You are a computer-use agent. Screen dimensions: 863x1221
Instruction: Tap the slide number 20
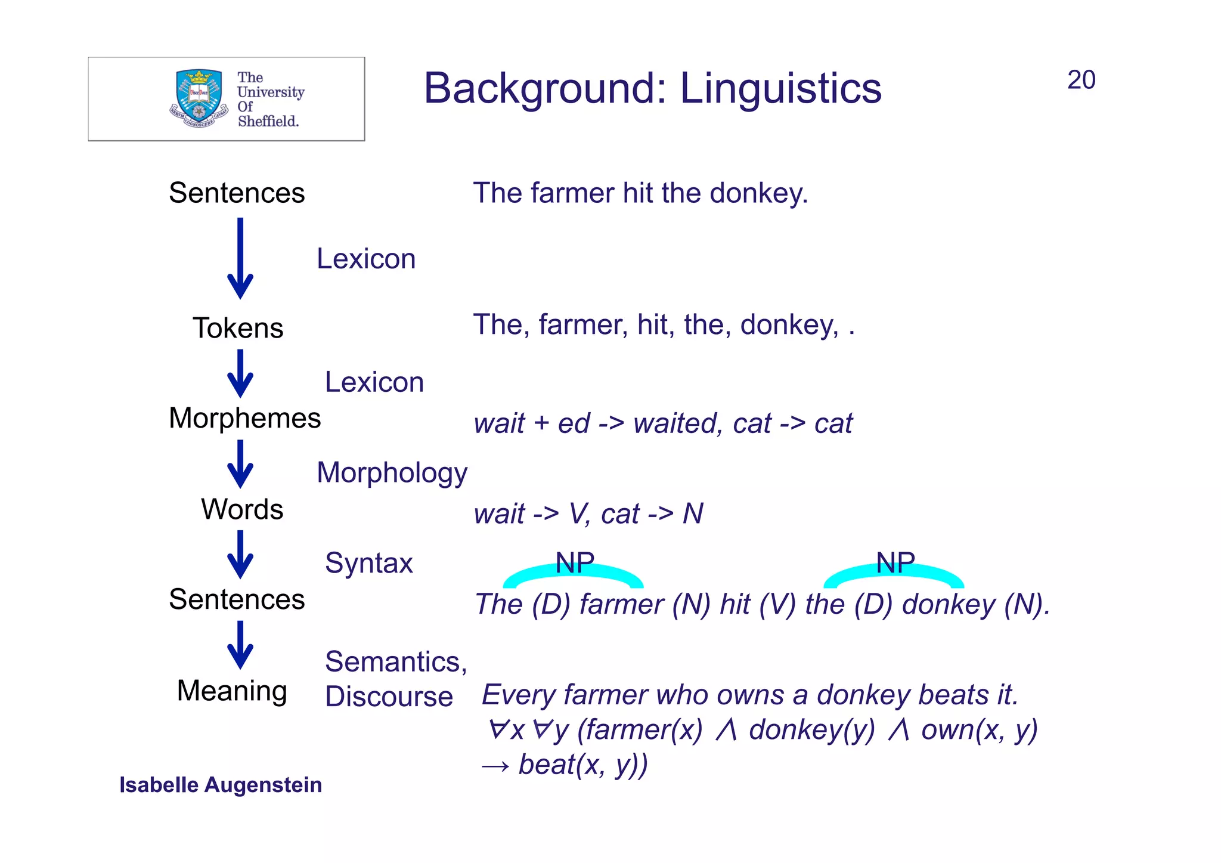click(x=1081, y=80)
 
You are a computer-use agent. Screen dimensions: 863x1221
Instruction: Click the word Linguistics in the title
click(x=780, y=88)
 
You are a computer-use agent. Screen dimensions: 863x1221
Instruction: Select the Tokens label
click(x=238, y=328)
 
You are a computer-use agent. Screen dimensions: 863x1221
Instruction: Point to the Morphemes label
click(x=244, y=417)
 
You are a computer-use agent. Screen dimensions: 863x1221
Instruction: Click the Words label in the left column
click(x=242, y=509)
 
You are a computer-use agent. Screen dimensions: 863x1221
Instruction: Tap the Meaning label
click(x=232, y=690)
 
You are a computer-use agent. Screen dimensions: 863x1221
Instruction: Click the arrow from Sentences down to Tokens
click(x=240, y=258)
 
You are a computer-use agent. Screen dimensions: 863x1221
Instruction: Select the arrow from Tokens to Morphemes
click(x=240, y=373)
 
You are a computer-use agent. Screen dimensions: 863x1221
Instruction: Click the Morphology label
click(x=392, y=472)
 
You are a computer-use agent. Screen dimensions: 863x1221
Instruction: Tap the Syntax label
click(x=368, y=563)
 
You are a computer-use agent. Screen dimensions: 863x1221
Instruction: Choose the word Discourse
click(x=389, y=696)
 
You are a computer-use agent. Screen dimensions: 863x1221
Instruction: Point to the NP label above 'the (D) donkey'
click(x=895, y=562)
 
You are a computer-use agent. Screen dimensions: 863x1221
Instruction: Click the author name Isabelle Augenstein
click(x=221, y=785)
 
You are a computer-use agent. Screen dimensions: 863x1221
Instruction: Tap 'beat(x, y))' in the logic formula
click(x=582, y=765)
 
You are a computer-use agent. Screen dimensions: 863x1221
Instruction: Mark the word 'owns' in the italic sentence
click(x=743, y=695)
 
